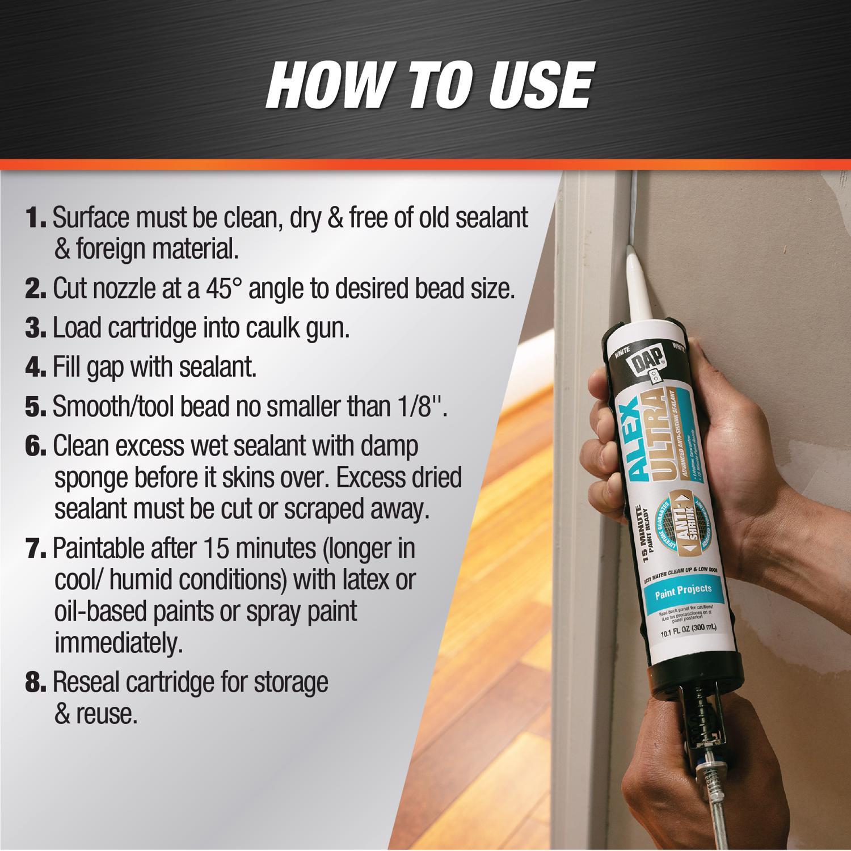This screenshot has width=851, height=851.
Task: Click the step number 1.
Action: click(35, 218)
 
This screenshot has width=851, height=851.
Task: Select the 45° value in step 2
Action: click(223, 289)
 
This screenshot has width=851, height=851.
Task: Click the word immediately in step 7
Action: click(118, 643)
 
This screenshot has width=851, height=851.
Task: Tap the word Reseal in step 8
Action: click(86, 683)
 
